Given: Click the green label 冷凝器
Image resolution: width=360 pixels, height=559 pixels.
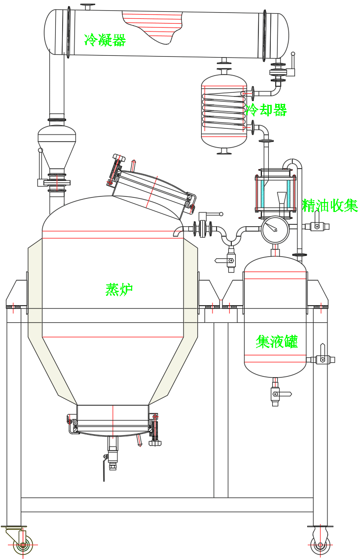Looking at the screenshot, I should click(105, 39).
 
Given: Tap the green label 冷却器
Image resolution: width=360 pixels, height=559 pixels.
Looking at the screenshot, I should click(266, 109).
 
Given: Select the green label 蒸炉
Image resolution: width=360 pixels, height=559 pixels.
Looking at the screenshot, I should click(119, 290).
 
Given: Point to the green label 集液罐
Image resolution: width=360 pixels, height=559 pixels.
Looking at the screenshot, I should click(277, 341).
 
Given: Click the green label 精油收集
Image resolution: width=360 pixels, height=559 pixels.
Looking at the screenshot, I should click(329, 206).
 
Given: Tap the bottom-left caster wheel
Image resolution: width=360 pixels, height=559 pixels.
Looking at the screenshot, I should click(22, 545).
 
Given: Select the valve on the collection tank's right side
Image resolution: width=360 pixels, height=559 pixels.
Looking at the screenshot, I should click(323, 359).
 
